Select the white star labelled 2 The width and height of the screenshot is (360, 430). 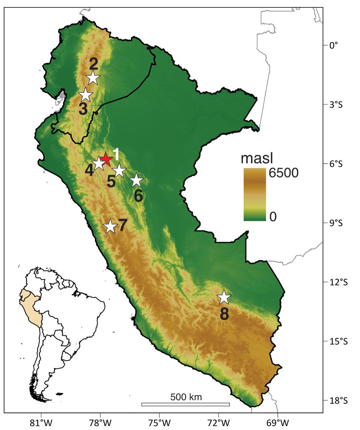tap(93, 78)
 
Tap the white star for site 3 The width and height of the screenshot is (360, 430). tap(86, 95)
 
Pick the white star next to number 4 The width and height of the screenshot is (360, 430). tap(99, 163)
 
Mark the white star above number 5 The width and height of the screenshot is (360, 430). tap(119, 171)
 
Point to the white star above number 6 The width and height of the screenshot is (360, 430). tap(136, 180)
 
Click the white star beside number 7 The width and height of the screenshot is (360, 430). tap(110, 227)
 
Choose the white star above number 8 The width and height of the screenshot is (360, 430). tap(224, 297)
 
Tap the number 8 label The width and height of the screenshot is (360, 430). tap(224, 314)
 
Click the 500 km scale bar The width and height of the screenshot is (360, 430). tap(186, 404)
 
